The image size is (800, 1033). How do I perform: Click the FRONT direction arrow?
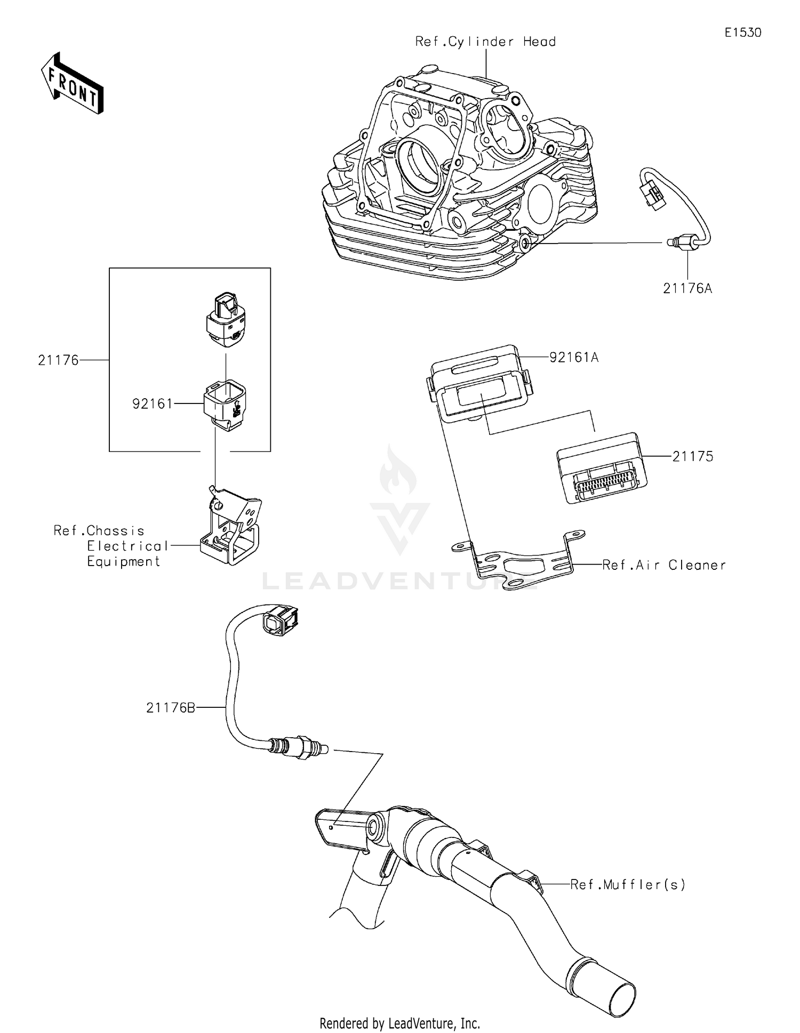(x=72, y=84)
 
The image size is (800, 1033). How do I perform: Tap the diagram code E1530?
(x=742, y=33)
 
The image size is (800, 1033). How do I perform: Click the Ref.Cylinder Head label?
(x=485, y=42)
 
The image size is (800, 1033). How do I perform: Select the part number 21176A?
(x=687, y=288)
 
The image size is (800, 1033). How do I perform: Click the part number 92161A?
(x=574, y=357)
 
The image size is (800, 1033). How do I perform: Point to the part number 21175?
(x=692, y=456)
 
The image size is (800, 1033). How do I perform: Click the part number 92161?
(x=153, y=404)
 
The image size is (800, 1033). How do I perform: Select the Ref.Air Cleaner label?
(x=663, y=565)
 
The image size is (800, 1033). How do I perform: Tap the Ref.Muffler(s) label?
(x=627, y=884)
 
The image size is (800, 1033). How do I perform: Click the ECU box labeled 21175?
(x=601, y=467)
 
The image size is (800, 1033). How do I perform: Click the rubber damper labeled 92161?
(x=226, y=405)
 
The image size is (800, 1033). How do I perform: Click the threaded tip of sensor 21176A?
(x=671, y=243)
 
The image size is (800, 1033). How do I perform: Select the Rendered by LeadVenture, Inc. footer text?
(x=399, y=1023)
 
